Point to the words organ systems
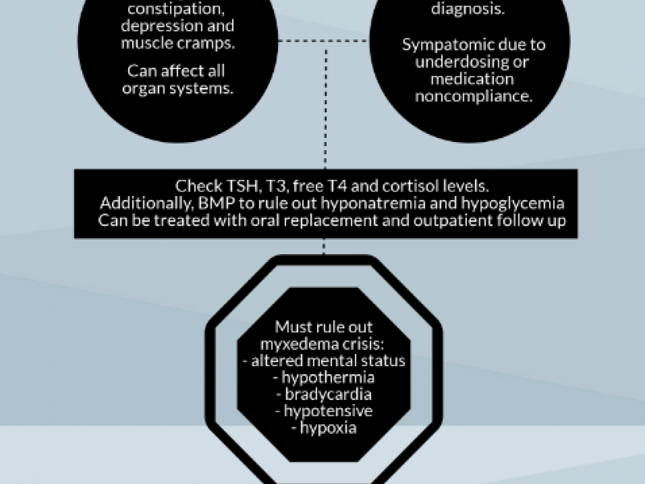pyautogui.click(x=180, y=89)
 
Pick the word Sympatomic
pyautogui.click(x=439, y=45)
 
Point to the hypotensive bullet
pyautogui.click(x=323, y=411)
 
